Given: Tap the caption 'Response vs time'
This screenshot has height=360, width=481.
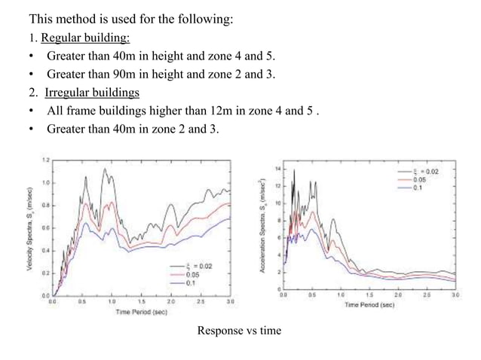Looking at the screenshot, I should tap(239, 330).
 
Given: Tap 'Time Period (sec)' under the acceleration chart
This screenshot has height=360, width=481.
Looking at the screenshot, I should tap(370, 305).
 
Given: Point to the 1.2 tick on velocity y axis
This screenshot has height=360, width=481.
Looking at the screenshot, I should tap(45, 160).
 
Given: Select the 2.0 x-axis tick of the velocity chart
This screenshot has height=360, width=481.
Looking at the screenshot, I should tap(171, 301).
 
